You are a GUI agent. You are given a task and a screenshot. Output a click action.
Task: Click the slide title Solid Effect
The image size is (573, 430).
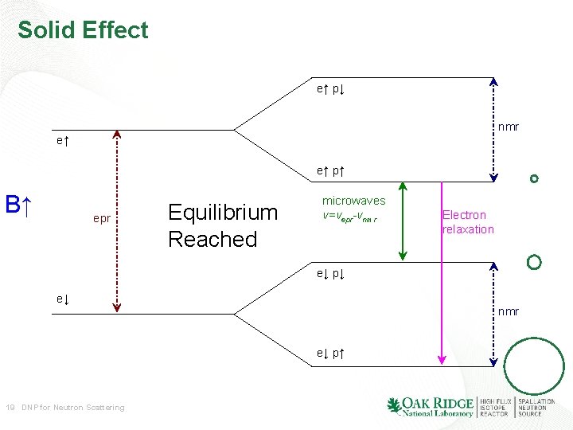[83, 30]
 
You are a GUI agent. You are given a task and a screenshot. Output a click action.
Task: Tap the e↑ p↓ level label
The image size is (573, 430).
[329, 89]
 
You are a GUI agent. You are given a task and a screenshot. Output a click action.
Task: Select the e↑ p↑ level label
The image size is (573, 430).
[329, 170]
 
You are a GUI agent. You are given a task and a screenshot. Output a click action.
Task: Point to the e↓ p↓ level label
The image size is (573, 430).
[329, 274]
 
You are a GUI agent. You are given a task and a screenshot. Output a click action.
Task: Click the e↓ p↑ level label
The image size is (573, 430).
[329, 353]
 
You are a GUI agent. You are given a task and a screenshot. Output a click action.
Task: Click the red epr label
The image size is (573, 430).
[102, 218]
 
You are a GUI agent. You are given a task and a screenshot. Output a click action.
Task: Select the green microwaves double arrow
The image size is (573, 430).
[403, 221]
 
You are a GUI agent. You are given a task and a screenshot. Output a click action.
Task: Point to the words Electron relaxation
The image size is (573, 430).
[468, 222]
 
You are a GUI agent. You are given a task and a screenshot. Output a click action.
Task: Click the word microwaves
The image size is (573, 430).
[353, 201]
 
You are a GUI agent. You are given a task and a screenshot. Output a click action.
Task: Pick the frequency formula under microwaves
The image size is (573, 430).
[350, 217]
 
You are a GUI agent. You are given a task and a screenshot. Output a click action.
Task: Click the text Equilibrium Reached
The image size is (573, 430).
[222, 225]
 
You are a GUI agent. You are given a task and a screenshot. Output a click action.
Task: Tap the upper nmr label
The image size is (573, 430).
[509, 127]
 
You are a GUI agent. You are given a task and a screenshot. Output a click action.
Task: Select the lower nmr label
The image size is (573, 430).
[509, 311]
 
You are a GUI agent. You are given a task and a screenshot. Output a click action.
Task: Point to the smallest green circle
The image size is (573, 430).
[534, 179]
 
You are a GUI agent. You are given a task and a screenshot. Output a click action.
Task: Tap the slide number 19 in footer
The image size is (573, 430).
[10, 408]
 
